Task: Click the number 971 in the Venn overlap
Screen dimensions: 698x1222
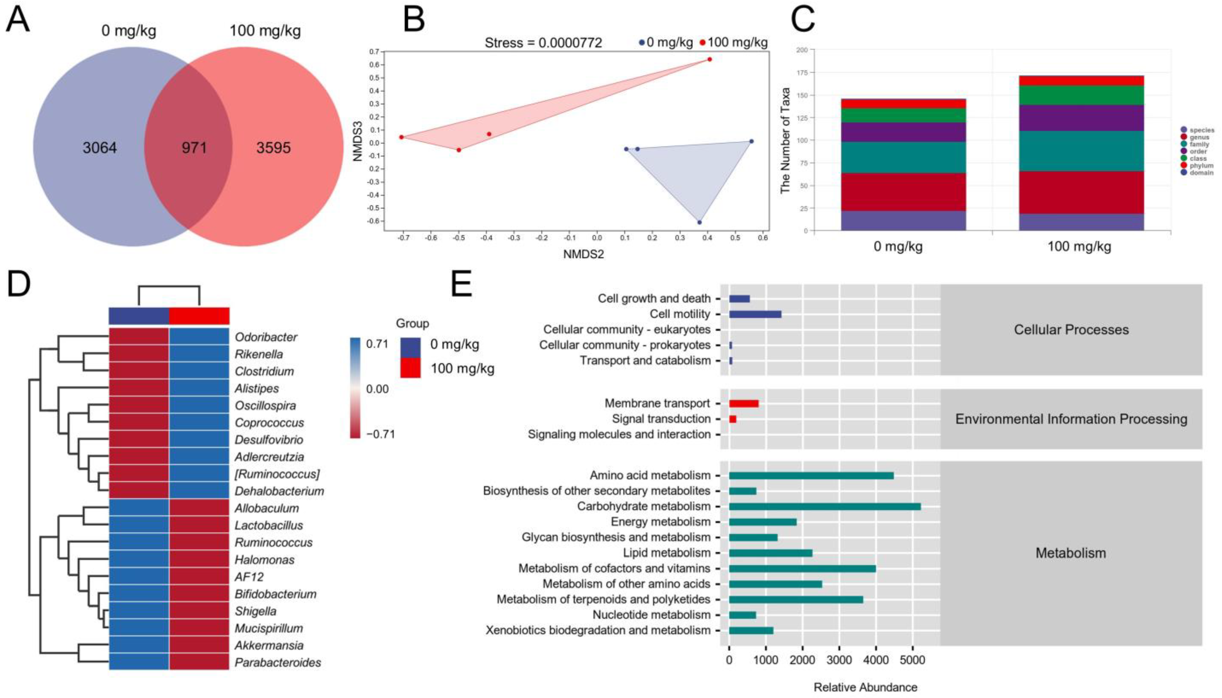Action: coord(194,148)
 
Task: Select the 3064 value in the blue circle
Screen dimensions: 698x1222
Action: coord(100,148)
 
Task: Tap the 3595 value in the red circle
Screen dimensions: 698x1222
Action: coord(273,148)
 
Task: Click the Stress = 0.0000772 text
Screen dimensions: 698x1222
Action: coord(543,43)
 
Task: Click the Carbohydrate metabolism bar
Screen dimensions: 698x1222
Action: coord(824,506)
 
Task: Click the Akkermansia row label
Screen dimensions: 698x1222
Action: coord(269,645)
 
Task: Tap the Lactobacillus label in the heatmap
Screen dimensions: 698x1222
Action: coord(269,525)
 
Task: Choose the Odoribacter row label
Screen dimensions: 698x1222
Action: coord(266,337)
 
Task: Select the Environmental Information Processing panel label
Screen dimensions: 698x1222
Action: coord(1071,419)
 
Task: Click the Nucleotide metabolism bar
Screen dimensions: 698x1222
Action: coord(742,615)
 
